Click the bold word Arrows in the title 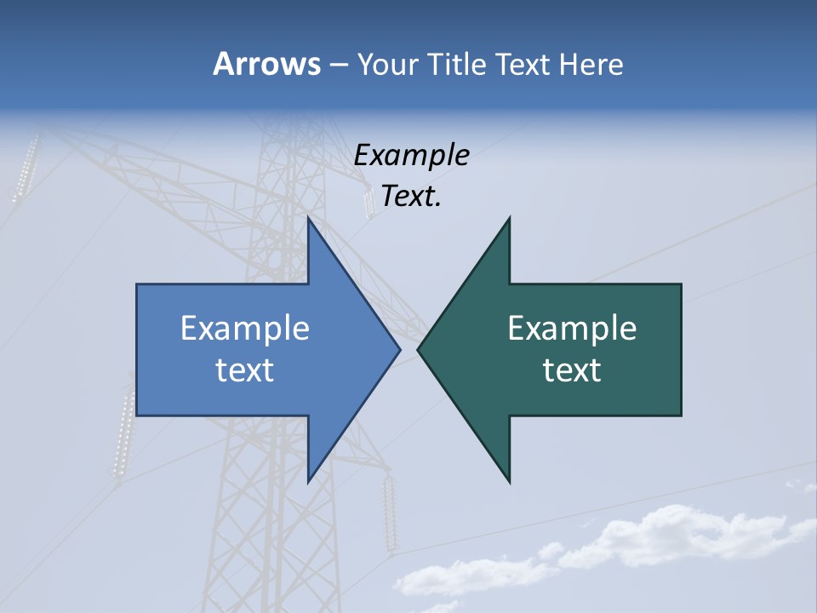tap(266, 64)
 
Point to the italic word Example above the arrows tap(411, 155)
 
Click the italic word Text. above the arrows tap(411, 197)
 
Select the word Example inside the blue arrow tap(244, 329)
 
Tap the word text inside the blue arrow tap(244, 370)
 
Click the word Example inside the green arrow tap(572, 329)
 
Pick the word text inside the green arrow tap(572, 370)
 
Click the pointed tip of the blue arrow tap(400, 348)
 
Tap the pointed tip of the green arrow tap(418, 348)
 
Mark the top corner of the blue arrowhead tap(309, 218)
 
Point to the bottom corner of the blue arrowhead tap(309, 482)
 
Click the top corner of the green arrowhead tap(509, 218)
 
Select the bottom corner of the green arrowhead tap(509, 482)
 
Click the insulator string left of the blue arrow tap(124, 434)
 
